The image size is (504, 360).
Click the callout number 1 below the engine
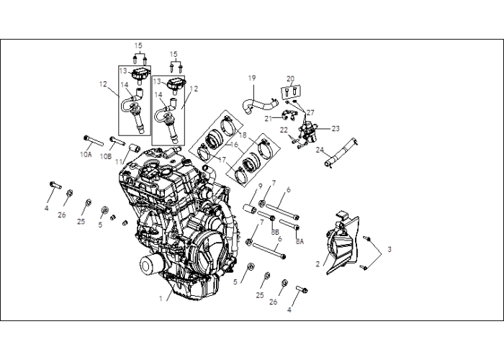(x=161, y=299)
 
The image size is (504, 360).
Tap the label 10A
(x=86, y=155)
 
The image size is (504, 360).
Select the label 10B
(x=106, y=156)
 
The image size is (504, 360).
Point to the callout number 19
(x=252, y=78)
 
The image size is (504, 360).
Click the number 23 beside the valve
(x=336, y=129)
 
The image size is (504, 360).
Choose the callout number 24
(x=320, y=150)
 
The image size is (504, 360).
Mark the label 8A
(x=300, y=241)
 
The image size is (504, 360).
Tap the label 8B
(x=275, y=232)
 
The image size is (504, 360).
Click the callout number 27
(x=310, y=112)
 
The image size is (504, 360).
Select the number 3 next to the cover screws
(x=390, y=249)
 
